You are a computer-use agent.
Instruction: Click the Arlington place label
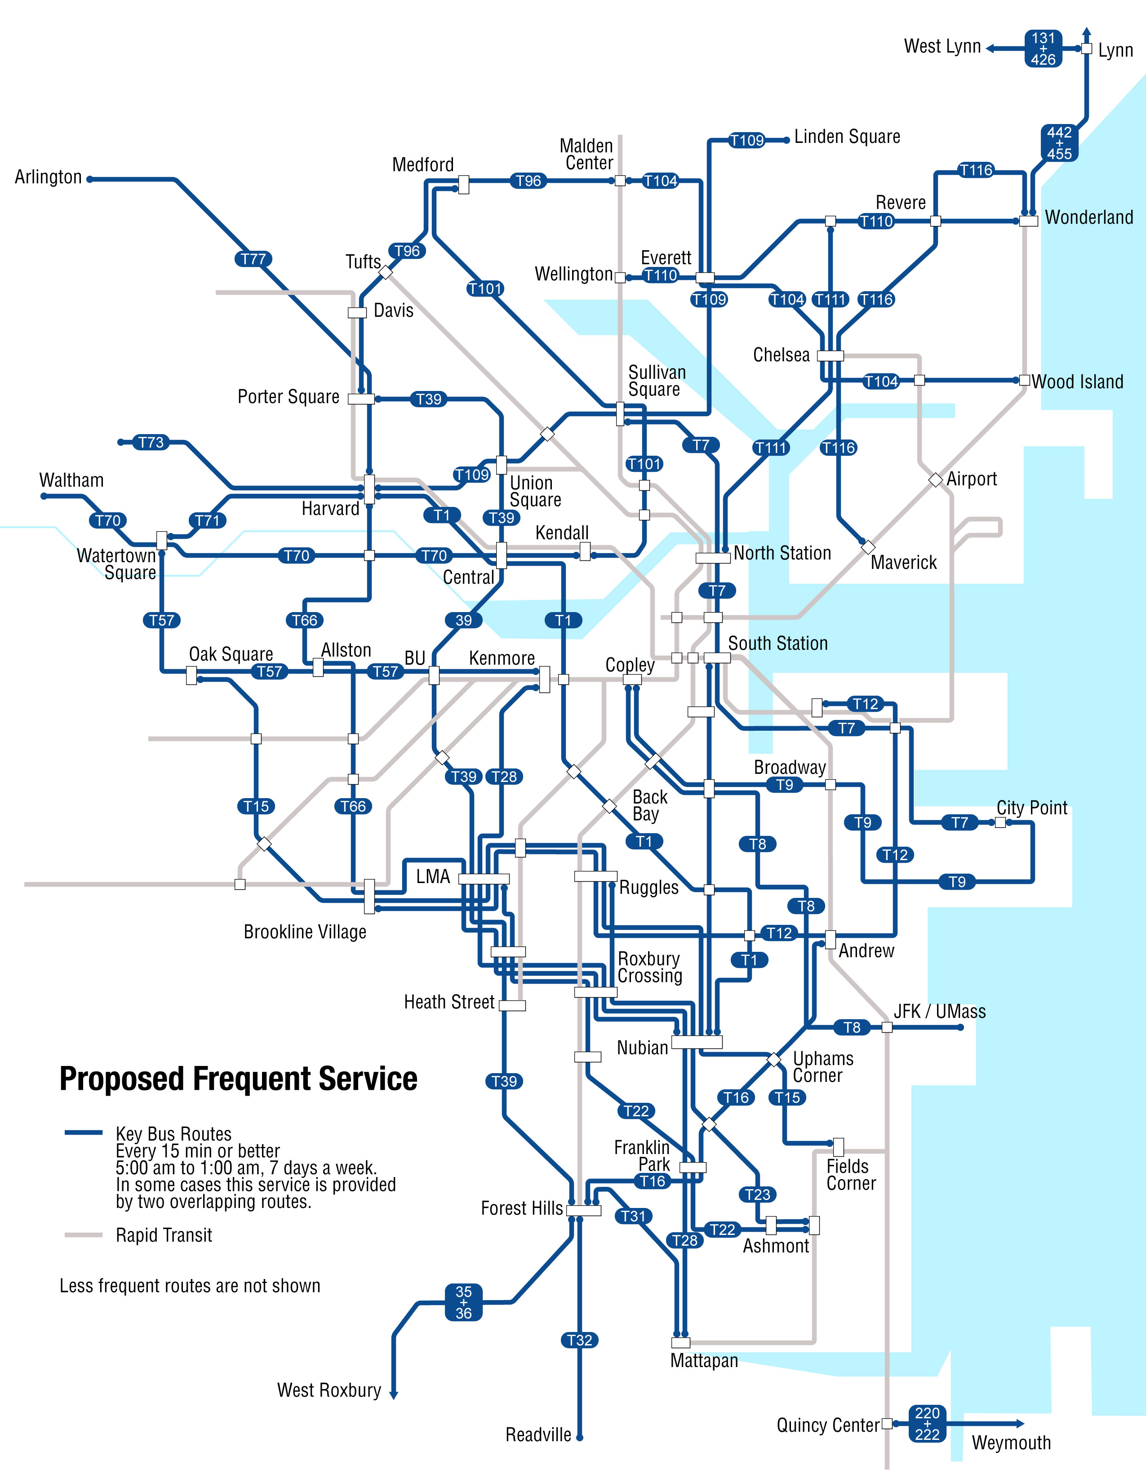[48, 177]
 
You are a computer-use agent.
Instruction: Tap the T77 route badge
[253, 259]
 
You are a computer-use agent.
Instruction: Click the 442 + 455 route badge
[1059, 142]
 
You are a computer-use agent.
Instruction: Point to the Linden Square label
[847, 137]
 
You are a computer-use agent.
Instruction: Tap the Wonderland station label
[1088, 218]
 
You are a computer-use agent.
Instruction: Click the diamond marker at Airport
[936, 480]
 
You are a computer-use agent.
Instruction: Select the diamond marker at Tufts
[386, 272]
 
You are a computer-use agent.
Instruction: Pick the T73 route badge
[151, 443]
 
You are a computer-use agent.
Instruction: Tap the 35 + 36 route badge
[464, 1302]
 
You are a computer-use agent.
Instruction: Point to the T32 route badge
[579, 1340]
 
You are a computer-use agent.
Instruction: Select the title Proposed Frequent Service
[238, 1079]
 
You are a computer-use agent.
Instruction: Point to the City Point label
[1031, 808]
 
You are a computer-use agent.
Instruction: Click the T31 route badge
[633, 1216]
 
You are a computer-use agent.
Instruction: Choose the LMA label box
[433, 877]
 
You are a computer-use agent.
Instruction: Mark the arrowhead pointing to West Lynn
[991, 48]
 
